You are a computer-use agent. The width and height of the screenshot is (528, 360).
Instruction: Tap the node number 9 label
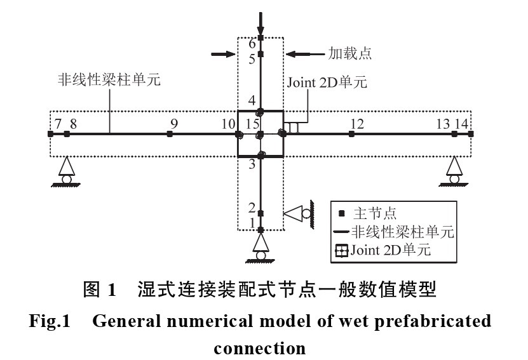[x=173, y=123]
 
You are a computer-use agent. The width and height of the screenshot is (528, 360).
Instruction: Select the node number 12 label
[x=357, y=123]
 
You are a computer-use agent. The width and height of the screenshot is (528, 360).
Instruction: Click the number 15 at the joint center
[x=254, y=123]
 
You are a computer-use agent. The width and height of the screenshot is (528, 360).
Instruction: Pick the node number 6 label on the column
[x=252, y=44]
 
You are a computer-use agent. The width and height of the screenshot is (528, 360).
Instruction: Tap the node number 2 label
[x=252, y=208]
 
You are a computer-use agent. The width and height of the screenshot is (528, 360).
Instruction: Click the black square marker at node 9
[x=170, y=134]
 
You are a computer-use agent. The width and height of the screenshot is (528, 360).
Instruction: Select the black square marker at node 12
[x=351, y=134]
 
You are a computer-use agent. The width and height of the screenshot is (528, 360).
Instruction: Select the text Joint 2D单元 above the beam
[x=327, y=83]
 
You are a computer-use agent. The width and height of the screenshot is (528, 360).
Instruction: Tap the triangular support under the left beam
[x=67, y=170]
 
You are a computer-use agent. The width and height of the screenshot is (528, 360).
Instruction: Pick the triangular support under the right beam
[x=454, y=170]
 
